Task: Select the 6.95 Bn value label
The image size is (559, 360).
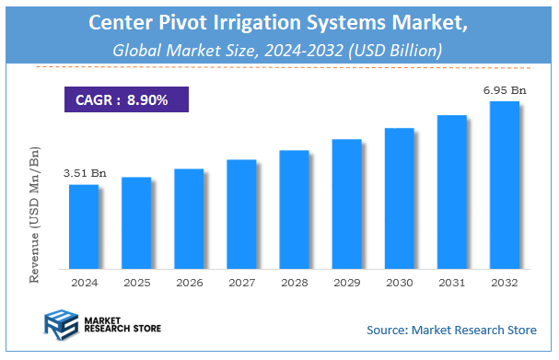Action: click(x=504, y=89)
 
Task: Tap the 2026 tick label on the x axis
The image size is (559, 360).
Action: click(x=188, y=284)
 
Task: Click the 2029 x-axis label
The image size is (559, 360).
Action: click(x=346, y=284)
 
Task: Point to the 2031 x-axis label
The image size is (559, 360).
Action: click(x=451, y=284)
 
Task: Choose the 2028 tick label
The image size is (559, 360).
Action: click(x=294, y=284)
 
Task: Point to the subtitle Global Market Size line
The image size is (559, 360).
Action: click(x=277, y=52)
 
